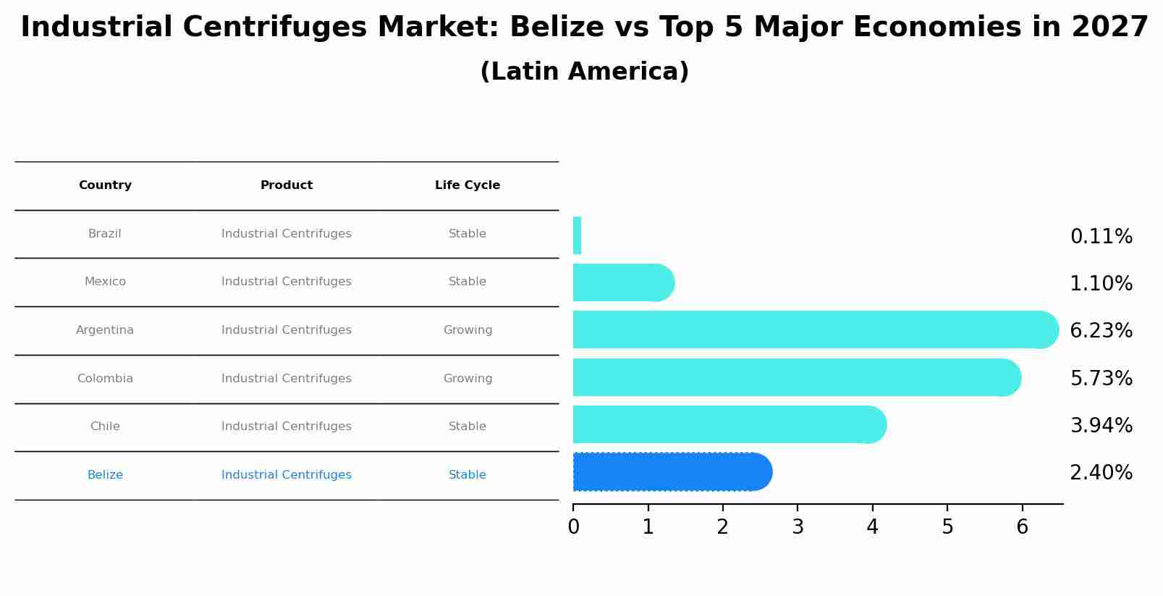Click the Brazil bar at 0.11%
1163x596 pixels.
pos(577,235)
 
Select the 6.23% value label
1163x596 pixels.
pos(1101,331)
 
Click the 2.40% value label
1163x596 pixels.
pos(1101,473)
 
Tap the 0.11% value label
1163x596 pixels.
pos(1101,237)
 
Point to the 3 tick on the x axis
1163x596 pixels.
pos(798,527)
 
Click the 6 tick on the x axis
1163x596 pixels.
pos(1022,527)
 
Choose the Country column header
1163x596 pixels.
pos(105,185)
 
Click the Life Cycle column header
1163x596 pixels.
pos(468,185)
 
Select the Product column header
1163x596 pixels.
pos(287,185)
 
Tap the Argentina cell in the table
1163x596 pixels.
pos(105,330)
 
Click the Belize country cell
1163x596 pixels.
pos(105,475)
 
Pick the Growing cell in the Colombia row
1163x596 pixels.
pos(468,379)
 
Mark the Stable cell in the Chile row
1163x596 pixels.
pos(468,427)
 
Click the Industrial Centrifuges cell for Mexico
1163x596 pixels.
pos(287,282)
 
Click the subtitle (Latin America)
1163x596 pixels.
pos(584,72)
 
